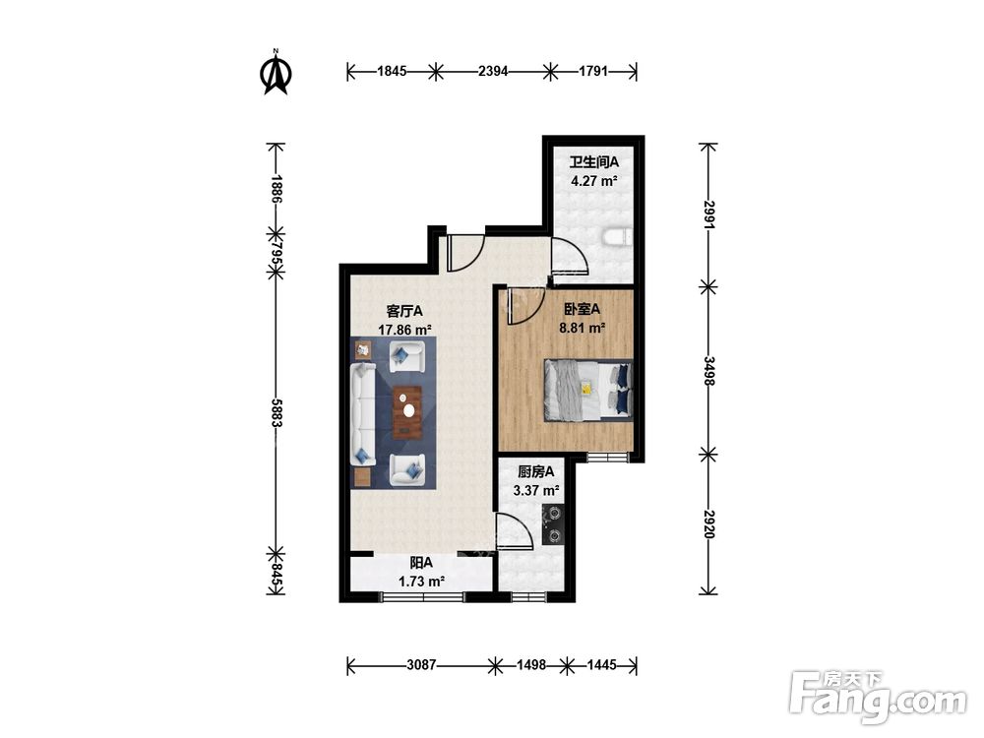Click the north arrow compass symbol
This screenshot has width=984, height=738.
(276, 72)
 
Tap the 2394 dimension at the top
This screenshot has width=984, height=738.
(493, 71)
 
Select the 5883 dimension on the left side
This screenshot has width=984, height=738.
(275, 413)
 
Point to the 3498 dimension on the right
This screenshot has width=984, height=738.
(708, 371)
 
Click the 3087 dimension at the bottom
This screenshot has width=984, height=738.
(420, 664)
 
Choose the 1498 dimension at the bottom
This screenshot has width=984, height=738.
(531, 664)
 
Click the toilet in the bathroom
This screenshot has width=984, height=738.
(617, 237)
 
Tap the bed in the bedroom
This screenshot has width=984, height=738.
(588, 391)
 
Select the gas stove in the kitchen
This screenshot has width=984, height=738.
(554, 524)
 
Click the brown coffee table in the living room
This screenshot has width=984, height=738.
(407, 411)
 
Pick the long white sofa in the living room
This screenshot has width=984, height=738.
(363, 413)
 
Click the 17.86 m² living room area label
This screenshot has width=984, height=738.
(404, 329)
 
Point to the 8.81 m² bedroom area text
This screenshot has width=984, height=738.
(582, 327)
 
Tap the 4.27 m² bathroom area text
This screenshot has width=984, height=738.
(593, 181)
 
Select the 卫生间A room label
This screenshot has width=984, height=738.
(593, 162)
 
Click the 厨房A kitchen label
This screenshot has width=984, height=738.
(536, 471)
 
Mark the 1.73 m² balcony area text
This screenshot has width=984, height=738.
(421, 582)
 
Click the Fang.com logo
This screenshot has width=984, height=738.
(878, 698)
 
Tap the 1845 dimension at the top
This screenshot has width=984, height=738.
(392, 71)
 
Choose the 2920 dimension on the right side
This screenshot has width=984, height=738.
(708, 523)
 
